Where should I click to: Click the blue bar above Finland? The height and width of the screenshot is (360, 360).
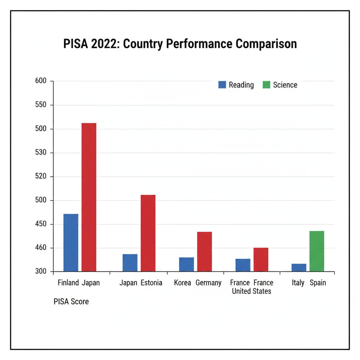pyautogui.click(x=71, y=243)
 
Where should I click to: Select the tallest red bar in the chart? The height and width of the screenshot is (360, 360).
pyautogui.click(x=89, y=197)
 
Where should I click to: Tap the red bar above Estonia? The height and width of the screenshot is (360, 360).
pyautogui.click(x=148, y=233)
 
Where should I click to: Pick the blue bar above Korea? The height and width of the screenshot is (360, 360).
pyautogui.click(x=186, y=264)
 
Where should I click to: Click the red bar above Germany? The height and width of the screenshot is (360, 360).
pyautogui.click(x=204, y=251)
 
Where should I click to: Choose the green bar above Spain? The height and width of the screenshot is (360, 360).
pyautogui.click(x=317, y=251)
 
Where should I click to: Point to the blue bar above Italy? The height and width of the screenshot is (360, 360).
pyautogui.click(x=299, y=268)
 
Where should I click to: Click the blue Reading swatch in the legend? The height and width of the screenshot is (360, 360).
pyautogui.click(x=222, y=85)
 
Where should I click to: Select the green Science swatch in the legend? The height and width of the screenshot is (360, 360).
pyautogui.click(x=266, y=85)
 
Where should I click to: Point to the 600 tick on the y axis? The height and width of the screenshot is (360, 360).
pyautogui.click(x=41, y=81)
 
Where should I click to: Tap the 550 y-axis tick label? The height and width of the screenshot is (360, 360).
pyautogui.click(x=41, y=105)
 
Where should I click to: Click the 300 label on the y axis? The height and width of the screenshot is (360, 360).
pyautogui.click(x=41, y=272)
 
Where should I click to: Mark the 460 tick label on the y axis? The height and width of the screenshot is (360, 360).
pyautogui.click(x=41, y=248)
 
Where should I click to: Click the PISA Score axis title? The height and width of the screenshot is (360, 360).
pyautogui.click(x=71, y=302)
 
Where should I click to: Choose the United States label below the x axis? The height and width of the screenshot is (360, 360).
pyautogui.click(x=251, y=291)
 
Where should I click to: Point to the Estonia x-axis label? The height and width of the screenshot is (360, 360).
pyautogui.click(x=152, y=283)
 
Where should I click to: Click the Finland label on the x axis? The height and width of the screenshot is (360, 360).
pyautogui.click(x=68, y=283)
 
